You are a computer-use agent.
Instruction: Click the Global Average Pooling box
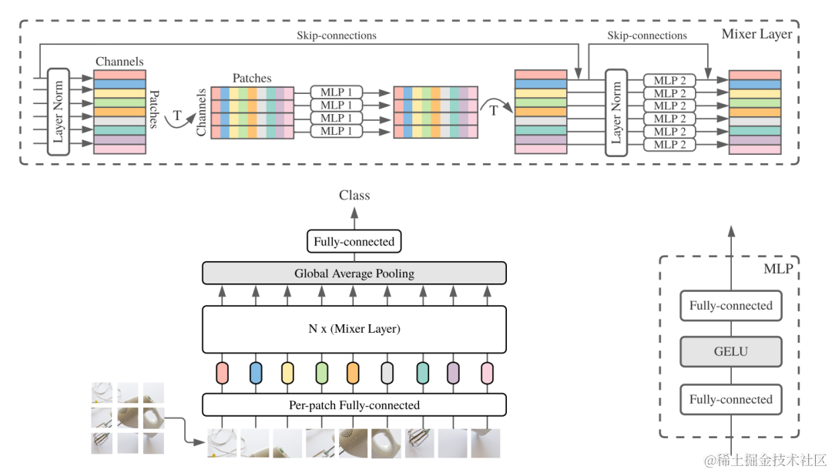pyautogui.click(x=354, y=273)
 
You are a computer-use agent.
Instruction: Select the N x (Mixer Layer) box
pyautogui.click(x=354, y=329)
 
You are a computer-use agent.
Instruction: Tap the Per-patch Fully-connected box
pyautogui.click(x=354, y=405)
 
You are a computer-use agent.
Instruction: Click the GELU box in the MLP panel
pyautogui.click(x=730, y=351)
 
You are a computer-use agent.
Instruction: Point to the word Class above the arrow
pyautogui.click(x=354, y=196)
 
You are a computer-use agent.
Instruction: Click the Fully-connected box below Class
pyautogui.click(x=354, y=242)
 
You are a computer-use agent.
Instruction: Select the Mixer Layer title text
pyautogui.click(x=757, y=35)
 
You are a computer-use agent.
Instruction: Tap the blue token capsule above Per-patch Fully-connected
pyautogui.click(x=256, y=373)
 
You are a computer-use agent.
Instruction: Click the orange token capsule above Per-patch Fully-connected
pyautogui.click(x=353, y=373)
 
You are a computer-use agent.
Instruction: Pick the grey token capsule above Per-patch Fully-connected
pyautogui.click(x=387, y=373)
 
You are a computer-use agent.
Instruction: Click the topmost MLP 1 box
pyautogui.click(x=337, y=92)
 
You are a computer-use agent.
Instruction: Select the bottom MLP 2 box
pyautogui.click(x=669, y=144)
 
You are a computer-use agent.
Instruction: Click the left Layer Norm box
pyautogui.click(x=59, y=112)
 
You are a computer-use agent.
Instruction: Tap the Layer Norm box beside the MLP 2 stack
pyautogui.click(x=616, y=112)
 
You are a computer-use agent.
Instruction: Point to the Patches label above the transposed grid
pyautogui.click(x=252, y=78)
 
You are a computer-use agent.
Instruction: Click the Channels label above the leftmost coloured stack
pyautogui.click(x=119, y=62)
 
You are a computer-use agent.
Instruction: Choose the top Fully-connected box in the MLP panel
pyautogui.click(x=730, y=305)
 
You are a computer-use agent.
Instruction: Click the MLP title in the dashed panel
pyautogui.click(x=778, y=269)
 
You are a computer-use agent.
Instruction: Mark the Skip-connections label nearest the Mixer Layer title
pyautogui.click(x=647, y=35)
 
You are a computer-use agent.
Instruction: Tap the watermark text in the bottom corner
pyautogui.click(x=765, y=460)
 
